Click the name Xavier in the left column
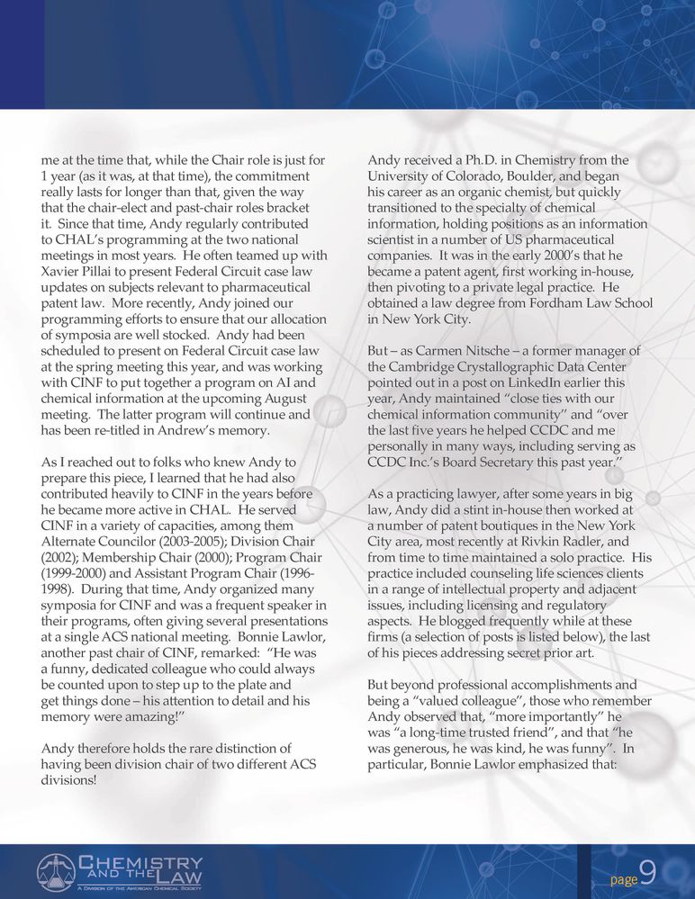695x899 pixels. coord(65,272)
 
